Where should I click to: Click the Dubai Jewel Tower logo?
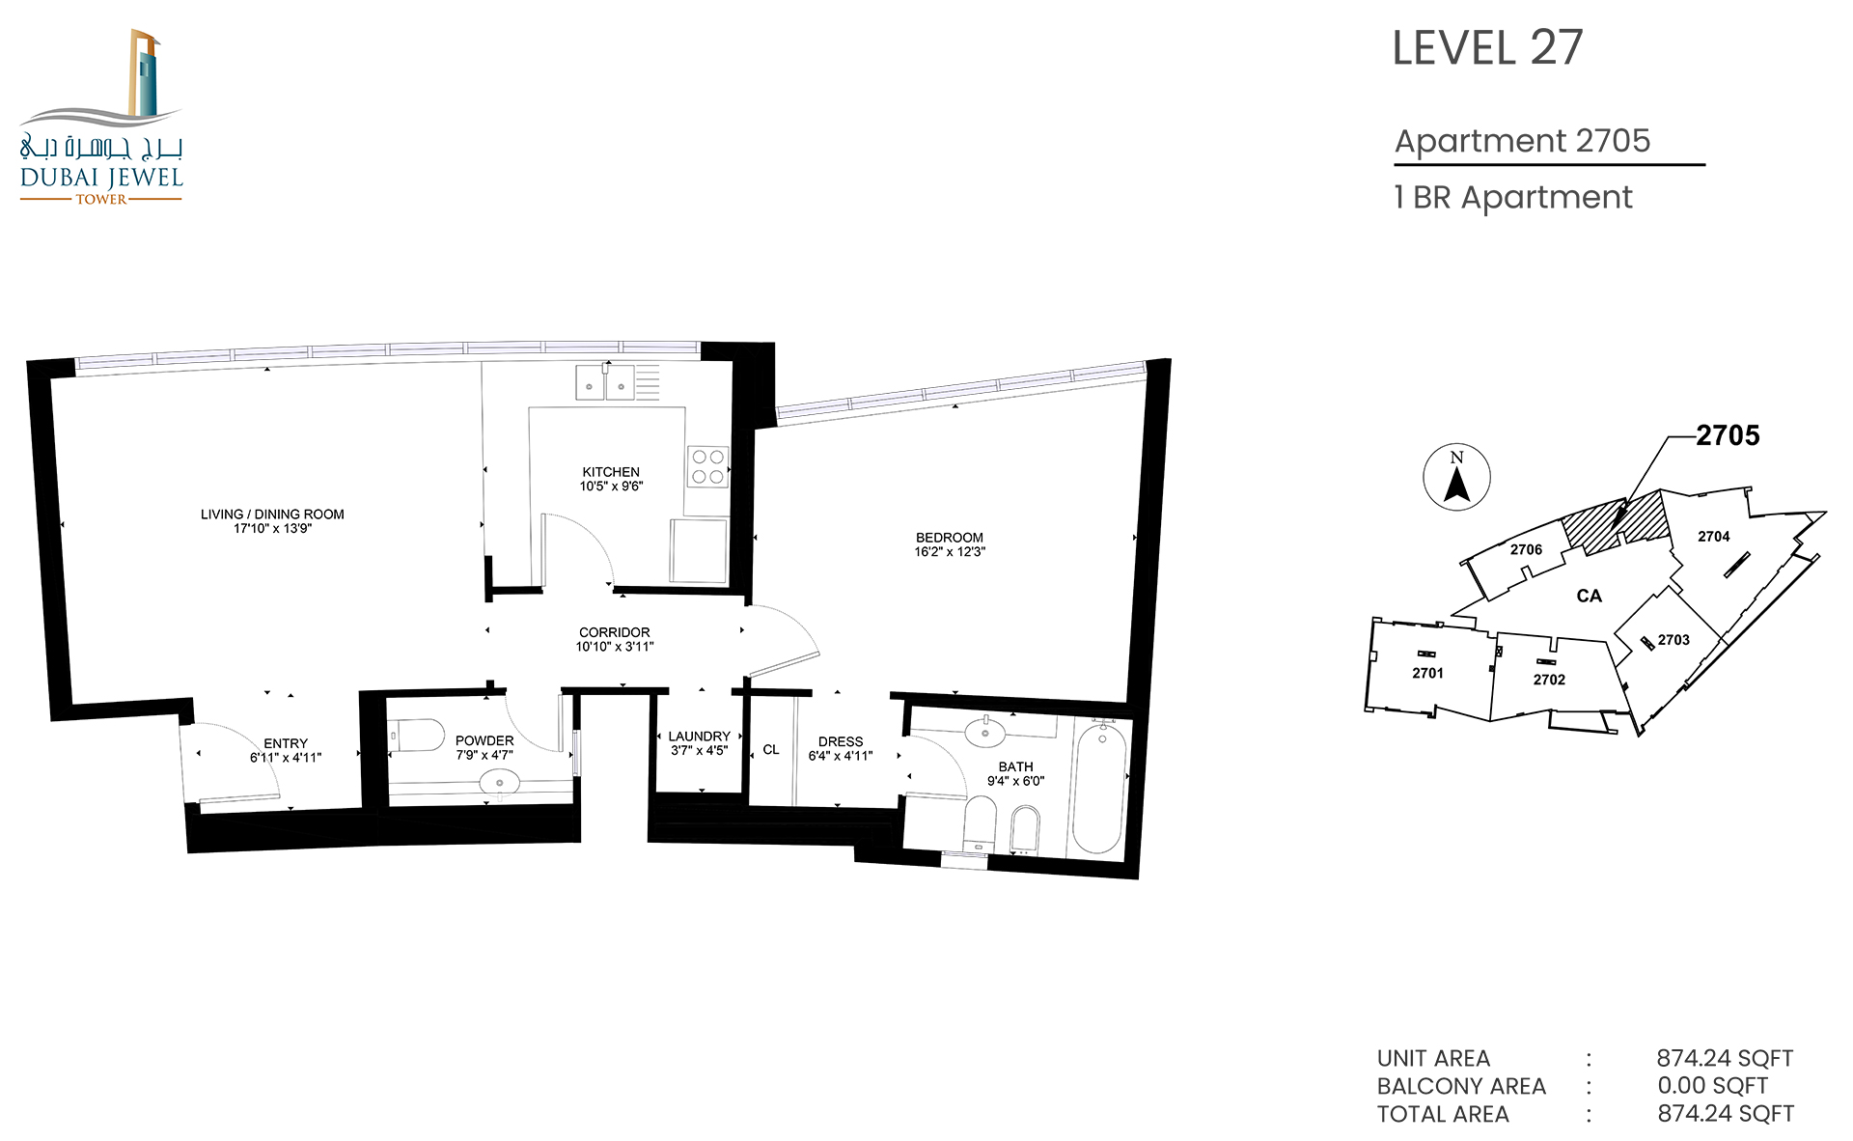tap(101, 116)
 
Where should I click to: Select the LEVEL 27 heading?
tap(1487, 48)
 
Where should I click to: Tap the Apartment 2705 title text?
tap(1523, 141)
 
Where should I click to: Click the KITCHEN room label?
tap(611, 472)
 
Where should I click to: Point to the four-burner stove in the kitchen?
tap(707, 466)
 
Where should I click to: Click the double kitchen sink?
tap(605, 382)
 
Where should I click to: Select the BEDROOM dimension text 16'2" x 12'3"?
tap(950, 552)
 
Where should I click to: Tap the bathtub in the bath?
tap(1099, 788)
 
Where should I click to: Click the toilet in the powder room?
tap(416, 736)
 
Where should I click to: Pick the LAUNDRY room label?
tap(700, 737)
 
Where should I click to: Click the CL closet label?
tap(771, 750)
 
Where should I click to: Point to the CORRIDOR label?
tap(615, 632)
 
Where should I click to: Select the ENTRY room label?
tap(286, 743)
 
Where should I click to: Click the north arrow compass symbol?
tap(1457, 477)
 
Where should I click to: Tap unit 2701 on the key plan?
tap(1428, 673)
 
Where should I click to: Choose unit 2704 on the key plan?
tap(1714, 537)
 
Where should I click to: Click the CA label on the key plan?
tap(1590, 597)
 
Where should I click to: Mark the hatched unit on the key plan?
tap(1616, 524)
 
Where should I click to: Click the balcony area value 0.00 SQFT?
tap(1713, 1086)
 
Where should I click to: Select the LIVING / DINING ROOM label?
tap(272, 515)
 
